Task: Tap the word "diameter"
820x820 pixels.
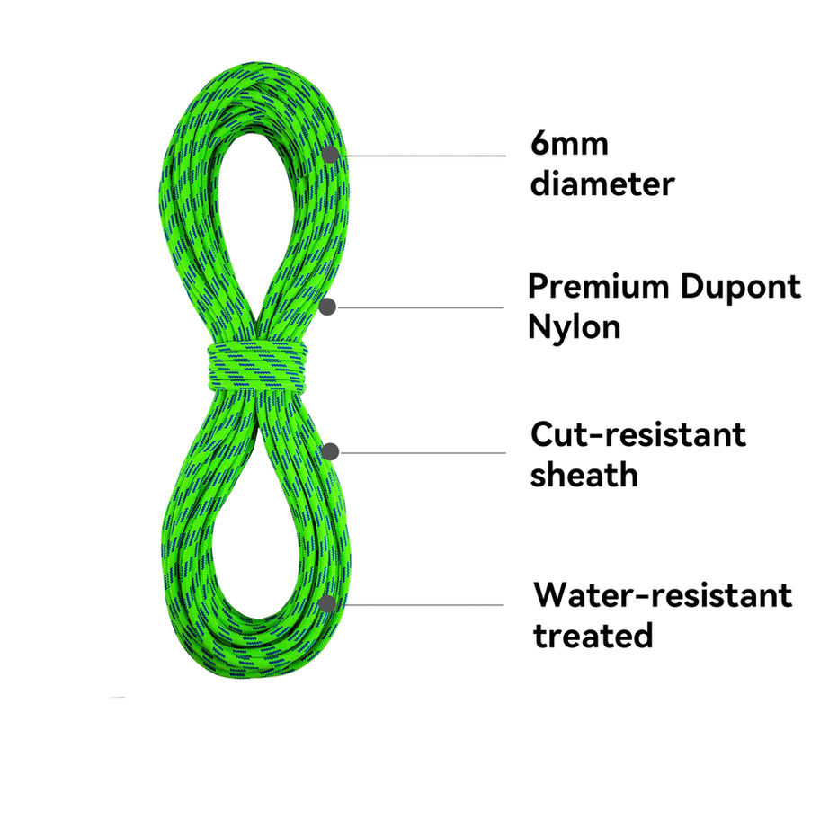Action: pyautogui.click(x=602, y=184)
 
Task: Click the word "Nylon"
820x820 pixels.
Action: pyautogui.click(x=574, y=326)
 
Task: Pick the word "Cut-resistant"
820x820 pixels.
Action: pyautogui.click(x=638, y=434)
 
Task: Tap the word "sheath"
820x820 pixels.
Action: pyautogui.click(x=584, y=474)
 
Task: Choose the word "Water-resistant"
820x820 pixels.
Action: pyautogui.click(x=663, y=595)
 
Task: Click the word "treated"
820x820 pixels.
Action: pyautogui.click(x=593, y=636)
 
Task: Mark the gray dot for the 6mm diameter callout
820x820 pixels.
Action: pyautogui.click(x=331, y=155)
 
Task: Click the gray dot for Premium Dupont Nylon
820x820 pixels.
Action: pyautogui.click(x=328, y=307)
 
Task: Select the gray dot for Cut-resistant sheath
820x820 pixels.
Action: pyautogui.click(x=331, y=451)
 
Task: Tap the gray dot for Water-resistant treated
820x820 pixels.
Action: pyautogui.click(x=327, y=602)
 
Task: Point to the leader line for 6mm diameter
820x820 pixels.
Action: pyautogui.click(x=423, y=155)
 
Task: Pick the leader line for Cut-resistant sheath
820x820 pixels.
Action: pyautogui.click(x=423, y=451)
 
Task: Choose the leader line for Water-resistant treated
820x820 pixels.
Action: pyautogui.click(x=423, y=603)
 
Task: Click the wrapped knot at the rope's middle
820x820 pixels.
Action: pyautogui.click(x=256, y=366)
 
